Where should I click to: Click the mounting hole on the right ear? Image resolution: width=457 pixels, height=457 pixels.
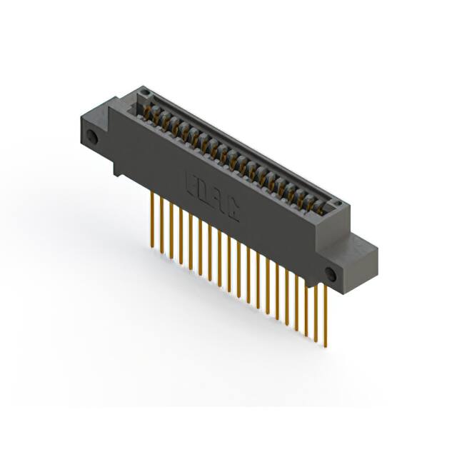point(330,274)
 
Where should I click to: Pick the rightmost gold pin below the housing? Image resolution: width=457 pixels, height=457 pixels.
point(326,314)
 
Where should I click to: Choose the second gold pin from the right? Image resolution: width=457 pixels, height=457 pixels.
point(316,308)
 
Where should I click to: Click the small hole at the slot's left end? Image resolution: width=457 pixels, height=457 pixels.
point(146,94)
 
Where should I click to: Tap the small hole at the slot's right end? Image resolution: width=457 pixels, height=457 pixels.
point(341,202)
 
